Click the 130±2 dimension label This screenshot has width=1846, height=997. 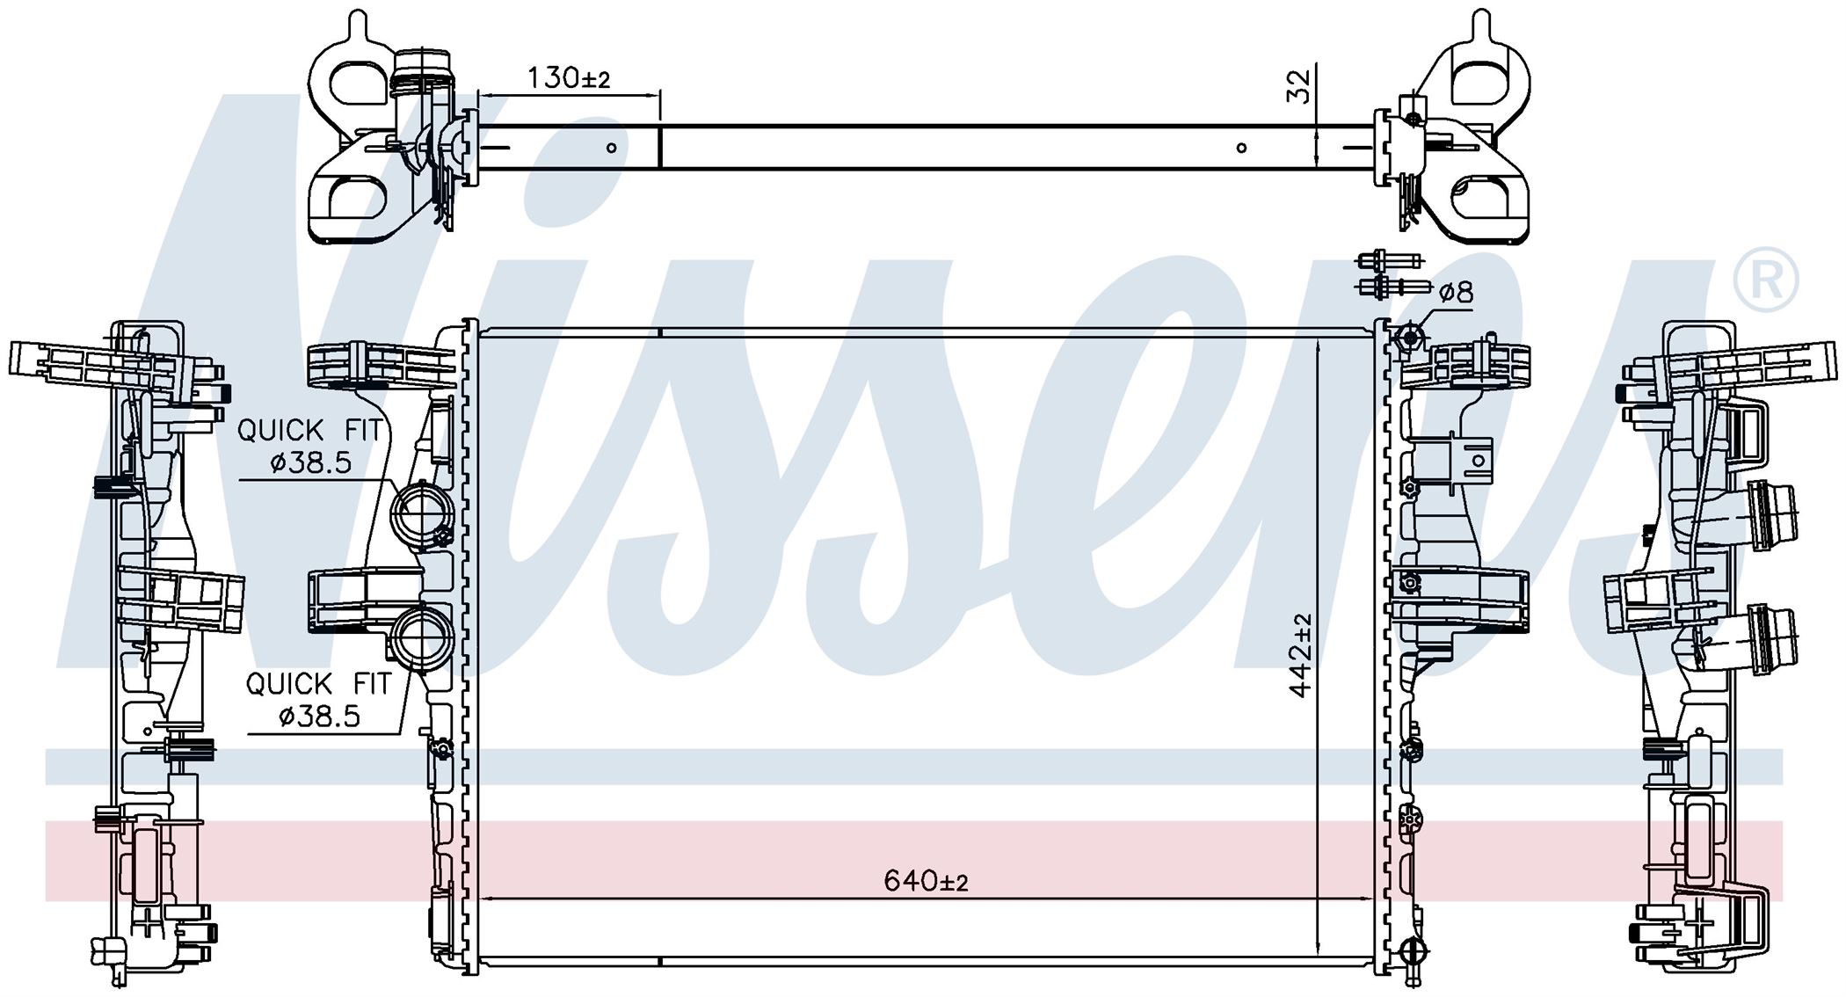click(569, 78)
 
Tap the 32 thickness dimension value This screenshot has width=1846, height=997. click(1298, 86)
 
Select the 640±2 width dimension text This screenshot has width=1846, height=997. click(926, 880)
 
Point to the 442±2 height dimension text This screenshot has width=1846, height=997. click(1300, 656)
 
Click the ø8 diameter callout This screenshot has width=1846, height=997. click(1457, 292)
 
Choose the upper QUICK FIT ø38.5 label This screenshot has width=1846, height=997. click(310, 446)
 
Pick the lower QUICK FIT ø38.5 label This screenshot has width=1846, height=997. click(318, 700)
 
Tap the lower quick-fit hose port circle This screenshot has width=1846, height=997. click(423, 640)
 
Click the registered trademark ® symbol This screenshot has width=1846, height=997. click(1765, 280)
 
